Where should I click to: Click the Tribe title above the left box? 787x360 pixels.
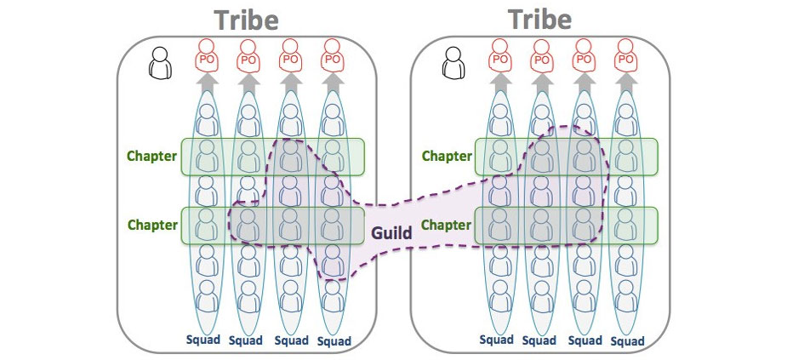click(247, 20)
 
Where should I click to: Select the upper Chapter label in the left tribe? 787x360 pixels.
click(152, 156)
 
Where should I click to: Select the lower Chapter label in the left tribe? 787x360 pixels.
click(152, 226)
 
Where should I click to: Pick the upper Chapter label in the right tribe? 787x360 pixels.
click(447, 156)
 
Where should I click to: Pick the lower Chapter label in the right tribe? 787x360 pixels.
click(447, 226)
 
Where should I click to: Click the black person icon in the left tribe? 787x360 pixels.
click(159, 61)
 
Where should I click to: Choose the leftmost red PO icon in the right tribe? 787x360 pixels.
click(500, 56)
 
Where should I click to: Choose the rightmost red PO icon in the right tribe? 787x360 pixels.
click(626, 56)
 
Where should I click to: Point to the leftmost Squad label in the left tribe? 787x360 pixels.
click(203, 340)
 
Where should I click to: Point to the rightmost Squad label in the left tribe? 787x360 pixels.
click(334, 341)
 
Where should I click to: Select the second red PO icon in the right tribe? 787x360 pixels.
click(542, 56)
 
